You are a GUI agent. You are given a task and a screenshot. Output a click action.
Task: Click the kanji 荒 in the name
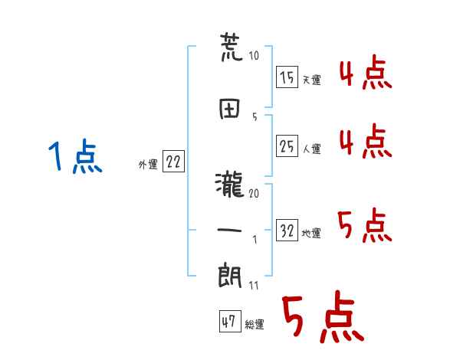[232, 47]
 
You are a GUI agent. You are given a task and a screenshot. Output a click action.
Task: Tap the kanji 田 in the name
[230, 109]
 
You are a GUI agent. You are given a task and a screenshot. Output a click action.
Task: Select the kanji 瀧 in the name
[230, 185]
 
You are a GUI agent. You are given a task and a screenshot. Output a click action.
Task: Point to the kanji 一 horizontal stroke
[229, 231]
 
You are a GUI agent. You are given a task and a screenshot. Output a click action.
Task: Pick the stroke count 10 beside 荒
[254, 55]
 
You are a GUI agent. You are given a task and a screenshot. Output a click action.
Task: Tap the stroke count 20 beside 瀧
[254, 193]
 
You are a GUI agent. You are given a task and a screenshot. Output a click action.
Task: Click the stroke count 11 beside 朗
[254, 285]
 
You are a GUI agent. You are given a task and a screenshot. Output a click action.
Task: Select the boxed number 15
[287, 77]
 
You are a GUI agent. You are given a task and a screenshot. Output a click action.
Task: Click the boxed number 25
[287, 146]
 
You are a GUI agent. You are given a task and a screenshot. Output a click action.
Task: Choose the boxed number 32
[287, 230]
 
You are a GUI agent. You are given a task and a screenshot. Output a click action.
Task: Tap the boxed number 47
[230, 321]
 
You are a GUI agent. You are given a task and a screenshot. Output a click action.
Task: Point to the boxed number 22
[173, 161]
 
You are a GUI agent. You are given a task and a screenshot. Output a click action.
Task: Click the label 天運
[311, 80]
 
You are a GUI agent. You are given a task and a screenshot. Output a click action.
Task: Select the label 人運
[311, 149]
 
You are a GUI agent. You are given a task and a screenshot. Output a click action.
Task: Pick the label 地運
[311, 233]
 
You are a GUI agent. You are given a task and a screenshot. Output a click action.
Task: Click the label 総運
[255, 324]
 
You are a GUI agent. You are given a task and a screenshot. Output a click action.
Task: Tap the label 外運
[148, 164]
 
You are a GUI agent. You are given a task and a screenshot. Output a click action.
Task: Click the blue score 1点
[75, 156]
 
